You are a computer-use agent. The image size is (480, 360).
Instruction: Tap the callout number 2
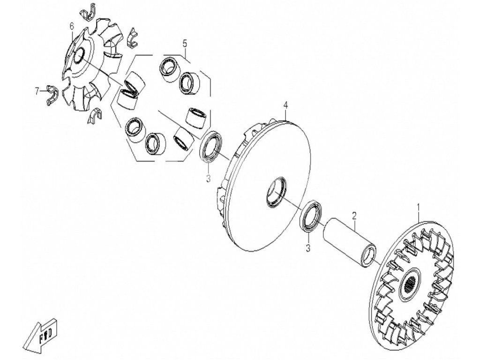[x=354, y=216]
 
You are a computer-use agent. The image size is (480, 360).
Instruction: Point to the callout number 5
[x=185, y=44]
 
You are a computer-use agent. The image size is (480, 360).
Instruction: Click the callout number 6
[x=72, y=27]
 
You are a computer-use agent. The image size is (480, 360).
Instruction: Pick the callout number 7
[x=37, y=91]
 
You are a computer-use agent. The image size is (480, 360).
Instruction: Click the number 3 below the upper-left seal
[x=208, y=178]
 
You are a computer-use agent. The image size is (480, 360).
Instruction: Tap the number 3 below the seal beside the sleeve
[x=308, y=247]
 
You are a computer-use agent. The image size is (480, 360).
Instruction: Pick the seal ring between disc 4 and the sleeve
[x=311, y=216]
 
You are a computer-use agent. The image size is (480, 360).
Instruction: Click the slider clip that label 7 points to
[x=52, y=95]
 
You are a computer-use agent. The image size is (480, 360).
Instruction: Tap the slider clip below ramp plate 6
[x=96, y=115]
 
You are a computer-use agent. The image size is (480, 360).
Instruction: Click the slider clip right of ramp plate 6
[x=132, y=38]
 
